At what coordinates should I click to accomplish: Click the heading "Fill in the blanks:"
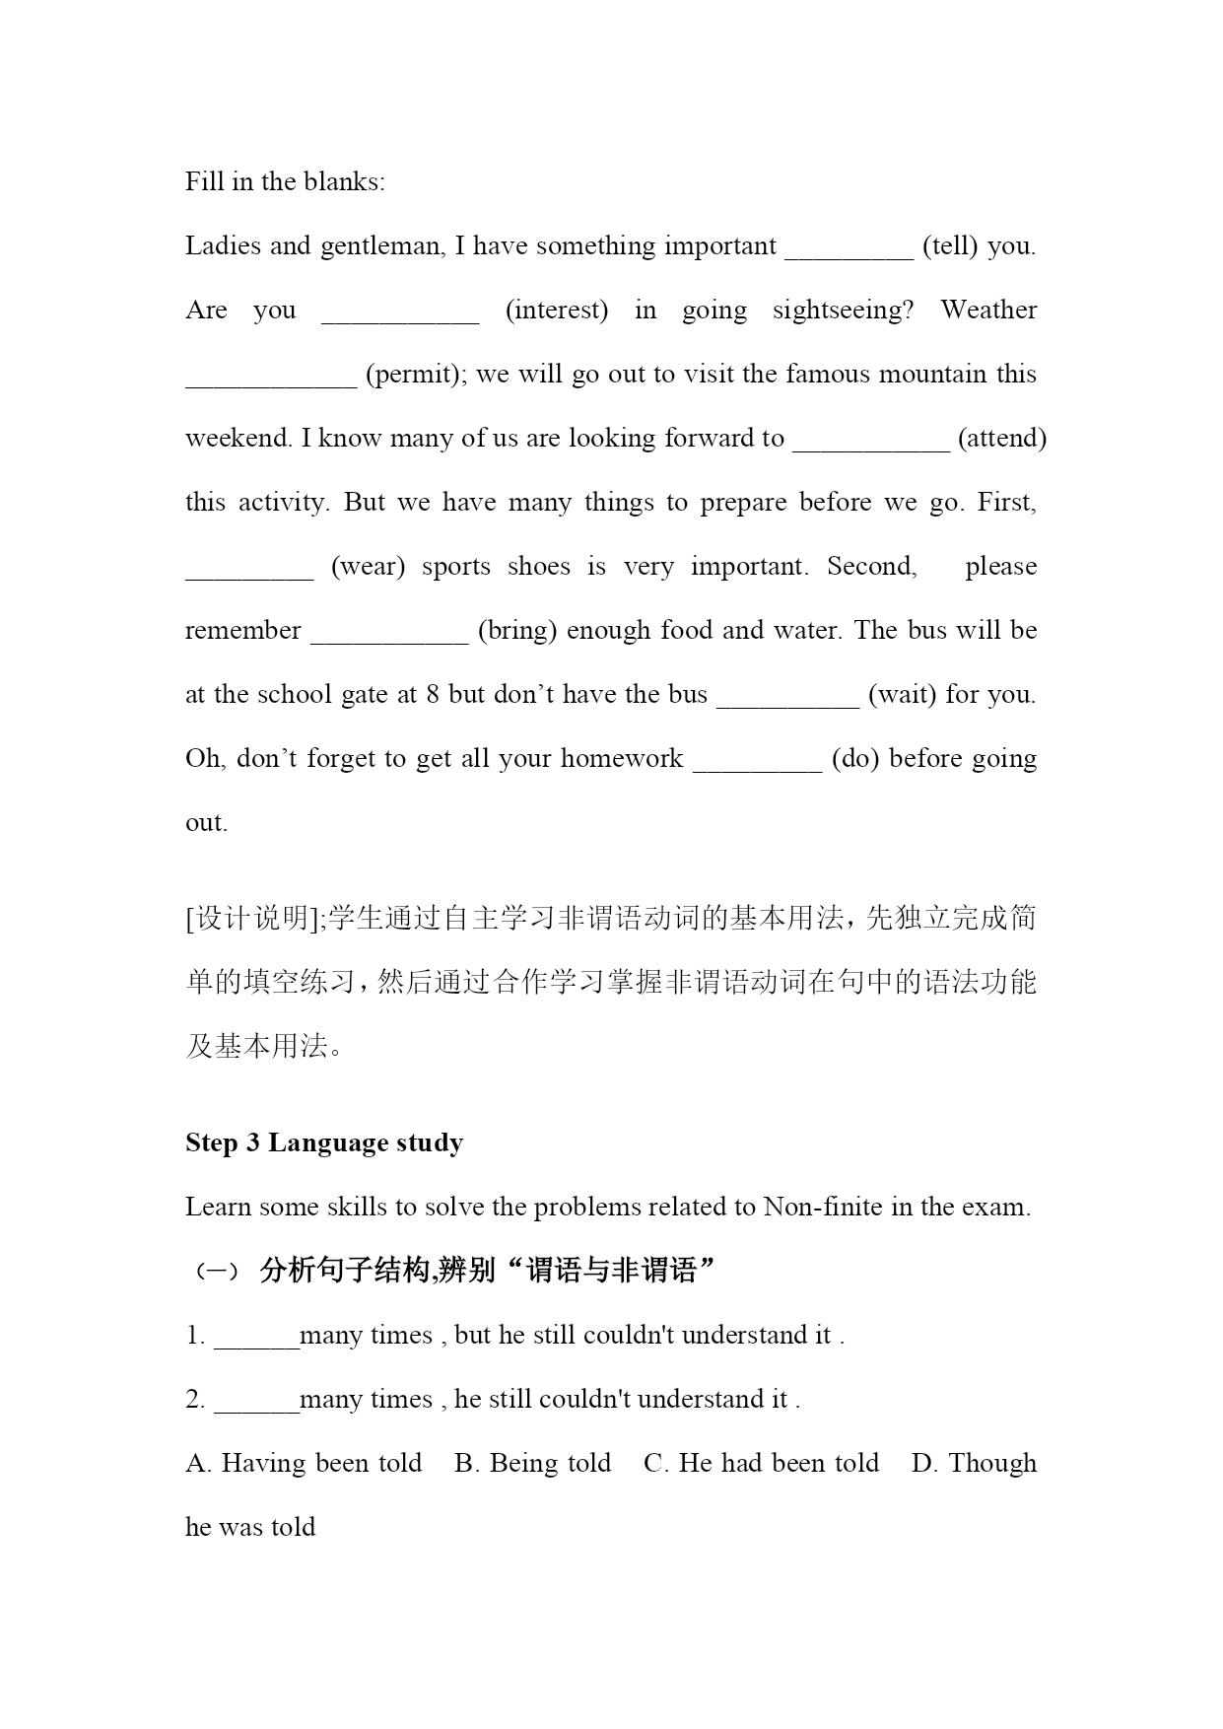285,182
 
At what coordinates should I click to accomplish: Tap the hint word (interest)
557,311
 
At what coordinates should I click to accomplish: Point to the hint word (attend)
1001,439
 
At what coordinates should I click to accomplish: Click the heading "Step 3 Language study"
324,1143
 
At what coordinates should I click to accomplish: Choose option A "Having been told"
305,1464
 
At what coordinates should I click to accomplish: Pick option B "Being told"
533,1464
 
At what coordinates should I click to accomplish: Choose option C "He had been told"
762,1464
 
